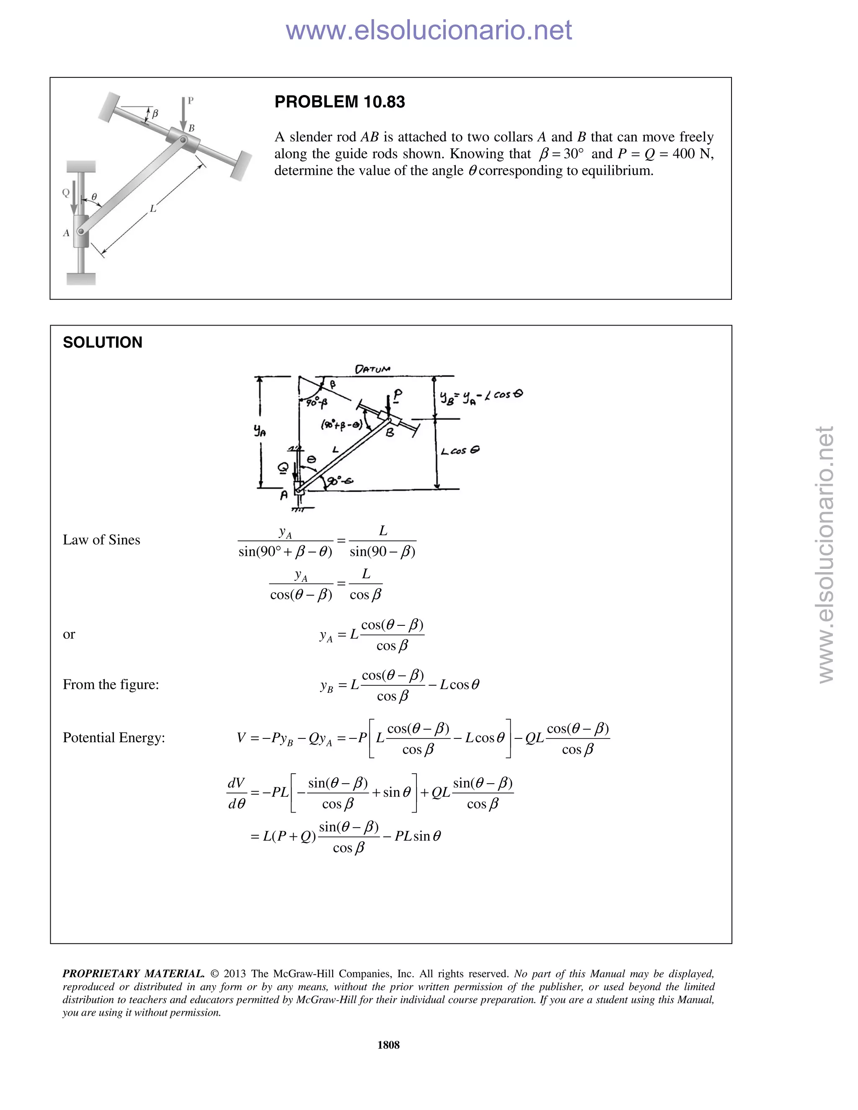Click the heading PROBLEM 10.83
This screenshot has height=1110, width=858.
pos(339,102)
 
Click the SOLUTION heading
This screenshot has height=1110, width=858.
pos(103,343)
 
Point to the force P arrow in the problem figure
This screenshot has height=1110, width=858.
pos(183,114)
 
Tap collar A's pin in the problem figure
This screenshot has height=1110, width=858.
pos(80,232)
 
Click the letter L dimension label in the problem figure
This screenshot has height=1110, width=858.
pos(152,208)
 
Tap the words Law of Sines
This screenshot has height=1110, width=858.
pos(101,540)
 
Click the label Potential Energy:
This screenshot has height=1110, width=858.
pos(114,738)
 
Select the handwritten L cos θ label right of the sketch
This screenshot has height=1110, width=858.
pos(460,451)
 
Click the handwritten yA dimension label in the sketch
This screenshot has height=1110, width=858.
pos(260,431)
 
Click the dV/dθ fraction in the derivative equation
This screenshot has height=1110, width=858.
pos(236,793)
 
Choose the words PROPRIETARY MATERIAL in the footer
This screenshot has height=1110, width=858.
pos(133,974)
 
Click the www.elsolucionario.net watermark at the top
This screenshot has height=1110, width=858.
pos(429,30)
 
